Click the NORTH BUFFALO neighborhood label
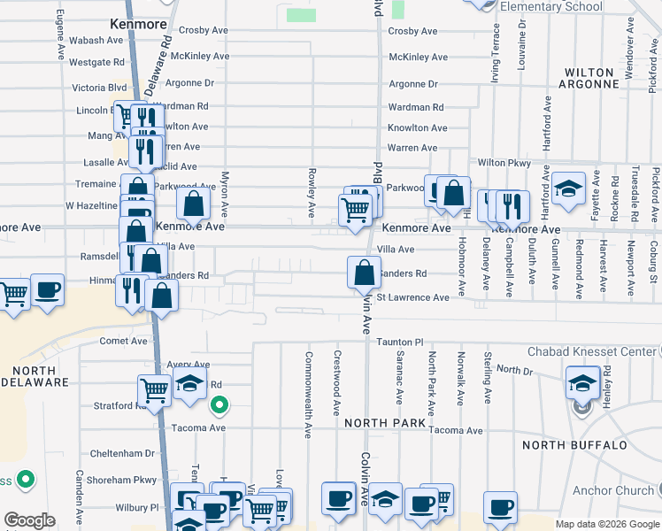tap(574, 444)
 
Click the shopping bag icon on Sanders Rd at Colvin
tap(364, 273)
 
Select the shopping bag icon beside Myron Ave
tap(193, 205)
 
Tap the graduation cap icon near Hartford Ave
tap(569, 189)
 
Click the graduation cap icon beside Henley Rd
tap(582, 383)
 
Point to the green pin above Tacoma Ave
tap(219, 406)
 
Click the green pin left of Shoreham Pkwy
tap(27, 480)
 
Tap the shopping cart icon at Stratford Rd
tap(154, 389)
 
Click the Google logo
tap(29, 520)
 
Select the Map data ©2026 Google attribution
tap(606, 524)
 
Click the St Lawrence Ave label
tap(413, 297)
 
